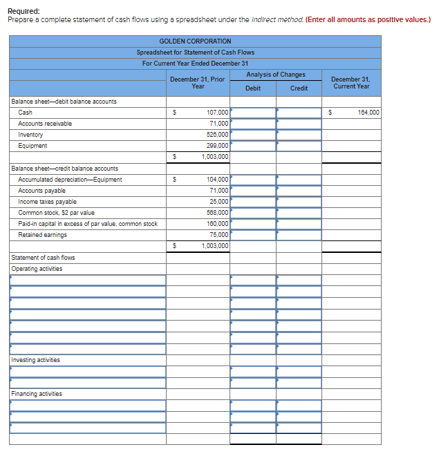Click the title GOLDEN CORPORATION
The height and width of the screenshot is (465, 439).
[195, 41]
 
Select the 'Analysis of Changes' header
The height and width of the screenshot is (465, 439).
[275, 75]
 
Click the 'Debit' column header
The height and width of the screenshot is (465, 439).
[253, 88]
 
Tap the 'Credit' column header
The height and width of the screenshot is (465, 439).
[299, 88]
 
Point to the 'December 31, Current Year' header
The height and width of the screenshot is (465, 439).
[351, 83]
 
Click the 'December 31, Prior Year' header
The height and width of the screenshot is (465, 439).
[197, 83]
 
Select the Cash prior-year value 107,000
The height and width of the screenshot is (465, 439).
[218, 113]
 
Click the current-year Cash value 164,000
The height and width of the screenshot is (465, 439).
[368, 113]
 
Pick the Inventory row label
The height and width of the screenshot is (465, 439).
[30, 135]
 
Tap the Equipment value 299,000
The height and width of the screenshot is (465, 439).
[218, 146]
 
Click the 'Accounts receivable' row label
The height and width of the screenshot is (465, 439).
[45, 124]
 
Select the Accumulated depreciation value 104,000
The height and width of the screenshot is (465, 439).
[218, 180]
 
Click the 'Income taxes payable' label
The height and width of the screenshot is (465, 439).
[47, 202]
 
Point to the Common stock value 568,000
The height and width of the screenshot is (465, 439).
[218, 213]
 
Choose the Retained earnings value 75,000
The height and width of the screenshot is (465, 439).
[219, 235]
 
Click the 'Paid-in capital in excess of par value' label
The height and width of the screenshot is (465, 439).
[88, 224]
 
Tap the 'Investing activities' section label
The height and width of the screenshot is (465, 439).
[35, 360]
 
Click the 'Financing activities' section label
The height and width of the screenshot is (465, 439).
[37, 394]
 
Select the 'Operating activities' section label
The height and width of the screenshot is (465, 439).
[37, 269]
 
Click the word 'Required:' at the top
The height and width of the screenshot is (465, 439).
[24, 11]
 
